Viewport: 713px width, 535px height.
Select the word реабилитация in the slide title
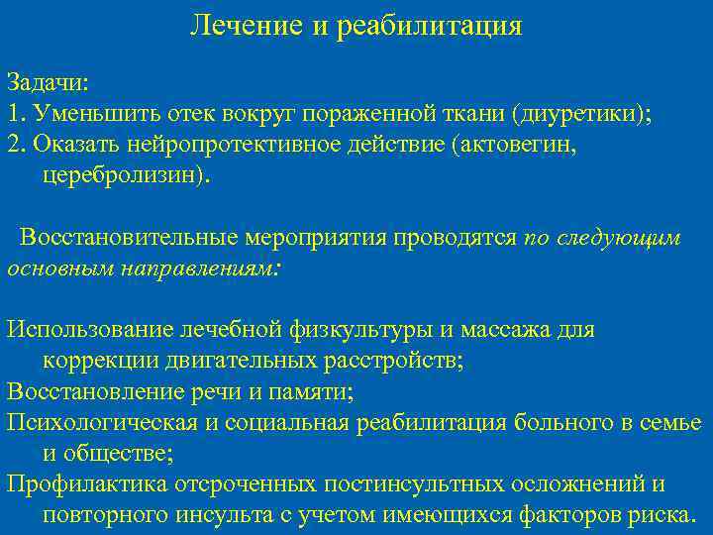(429, 26)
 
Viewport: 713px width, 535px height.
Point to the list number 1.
(13, 112)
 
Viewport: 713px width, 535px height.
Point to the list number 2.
(13, 144)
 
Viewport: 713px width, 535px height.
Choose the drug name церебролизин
(126, 175)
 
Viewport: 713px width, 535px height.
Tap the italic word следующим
(619, 239)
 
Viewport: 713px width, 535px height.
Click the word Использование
(90, 329)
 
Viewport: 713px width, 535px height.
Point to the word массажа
(505, 329)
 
